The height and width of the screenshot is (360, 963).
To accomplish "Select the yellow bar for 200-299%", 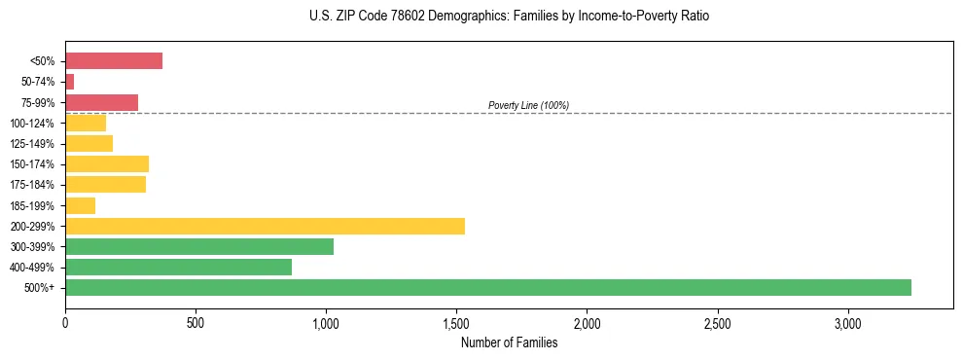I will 265,226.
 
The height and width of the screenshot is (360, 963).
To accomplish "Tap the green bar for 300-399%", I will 199,246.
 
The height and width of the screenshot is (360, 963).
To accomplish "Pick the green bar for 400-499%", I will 178,267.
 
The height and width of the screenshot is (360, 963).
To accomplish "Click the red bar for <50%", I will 114,60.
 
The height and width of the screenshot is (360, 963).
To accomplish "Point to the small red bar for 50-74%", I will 70,82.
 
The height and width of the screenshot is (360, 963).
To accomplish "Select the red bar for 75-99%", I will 101,102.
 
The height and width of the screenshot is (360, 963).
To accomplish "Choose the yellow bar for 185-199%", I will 80,205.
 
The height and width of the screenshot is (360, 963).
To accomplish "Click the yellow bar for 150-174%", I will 107,163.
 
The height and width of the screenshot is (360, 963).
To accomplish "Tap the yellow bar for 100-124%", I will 86,123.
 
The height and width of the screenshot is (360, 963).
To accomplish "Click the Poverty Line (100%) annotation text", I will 528,105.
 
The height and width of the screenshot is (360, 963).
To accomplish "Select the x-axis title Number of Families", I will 509,342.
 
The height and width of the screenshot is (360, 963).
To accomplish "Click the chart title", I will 510,17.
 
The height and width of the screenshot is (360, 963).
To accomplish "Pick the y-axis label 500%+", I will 39,288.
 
